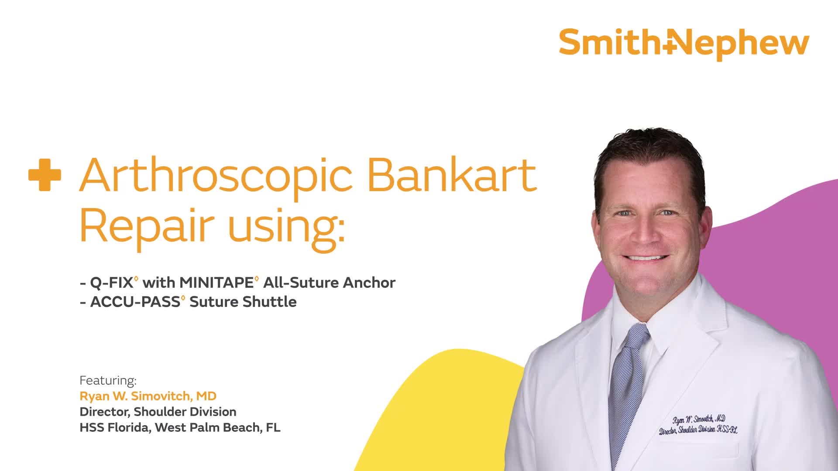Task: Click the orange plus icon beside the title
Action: coord(45,175)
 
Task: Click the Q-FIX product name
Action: coord(111,283)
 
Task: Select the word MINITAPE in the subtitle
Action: coord(216,283)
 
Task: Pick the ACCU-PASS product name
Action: coord(135,302)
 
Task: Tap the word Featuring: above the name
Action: coord(108,381)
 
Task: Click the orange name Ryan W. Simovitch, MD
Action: coord(148,396)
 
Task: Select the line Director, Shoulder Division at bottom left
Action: coord(158,412)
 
